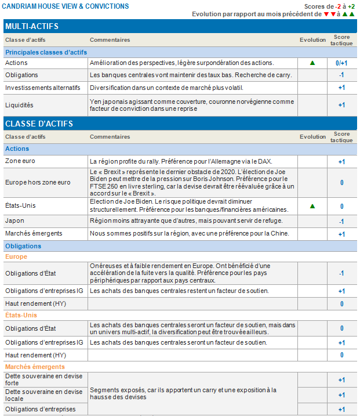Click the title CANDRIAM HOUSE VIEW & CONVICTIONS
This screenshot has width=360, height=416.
[66, 6]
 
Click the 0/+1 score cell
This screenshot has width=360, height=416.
[341, 63]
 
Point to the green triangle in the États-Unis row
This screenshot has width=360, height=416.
[312, 206]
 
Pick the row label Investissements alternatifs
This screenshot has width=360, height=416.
[42, 87]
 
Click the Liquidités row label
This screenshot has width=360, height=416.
[19, 105]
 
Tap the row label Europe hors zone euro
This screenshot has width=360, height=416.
[38, 182]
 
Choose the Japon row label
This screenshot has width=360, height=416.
[14, 221]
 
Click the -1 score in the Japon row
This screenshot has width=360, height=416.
[341, 221]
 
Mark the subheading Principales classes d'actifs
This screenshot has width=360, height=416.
[46, 52]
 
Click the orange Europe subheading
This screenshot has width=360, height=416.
[16, 256]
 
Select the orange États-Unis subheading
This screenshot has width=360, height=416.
[21, 315]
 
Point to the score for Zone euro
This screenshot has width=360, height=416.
[341, 161]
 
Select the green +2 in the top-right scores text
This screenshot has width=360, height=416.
[351, 6]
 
